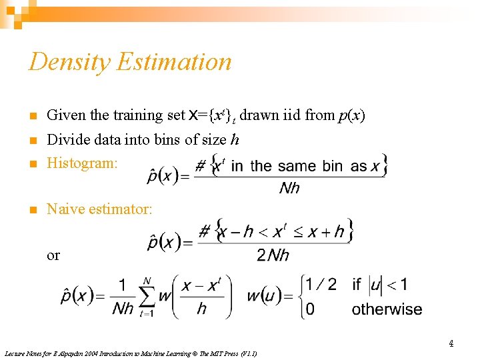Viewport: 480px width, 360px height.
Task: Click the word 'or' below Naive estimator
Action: pos(53,255)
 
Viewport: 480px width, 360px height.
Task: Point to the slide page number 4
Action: pos(451,344)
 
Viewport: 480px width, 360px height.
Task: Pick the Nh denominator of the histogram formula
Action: pos(289,188)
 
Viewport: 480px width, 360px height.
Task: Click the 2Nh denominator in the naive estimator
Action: pos(273,255)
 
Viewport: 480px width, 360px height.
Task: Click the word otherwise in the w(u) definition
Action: pos(387,309)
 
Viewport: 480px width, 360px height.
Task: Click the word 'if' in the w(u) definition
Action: pos(357,285)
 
